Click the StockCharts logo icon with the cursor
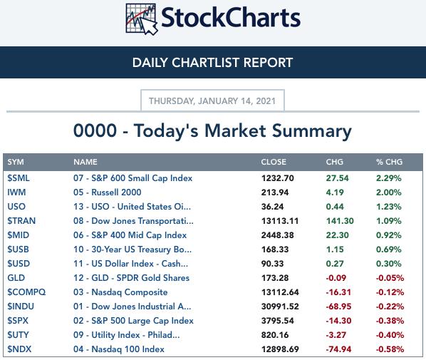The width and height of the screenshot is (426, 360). [x=142, y=19]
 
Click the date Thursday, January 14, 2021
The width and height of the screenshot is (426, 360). [x=212, y=101]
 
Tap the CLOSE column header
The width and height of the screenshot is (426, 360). [x=274, y=162]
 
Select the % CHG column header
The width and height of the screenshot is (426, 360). [x=389, y=162]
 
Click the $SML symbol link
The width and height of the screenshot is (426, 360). [x=19, y=178]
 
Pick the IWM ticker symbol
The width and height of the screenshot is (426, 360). [x=16, y=192]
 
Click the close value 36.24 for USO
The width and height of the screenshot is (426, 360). [x=273, y=207]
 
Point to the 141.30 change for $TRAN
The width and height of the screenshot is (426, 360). [x=340, y=221]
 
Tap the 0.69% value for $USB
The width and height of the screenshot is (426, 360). [x=388, y=250]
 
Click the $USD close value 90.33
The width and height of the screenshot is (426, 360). [x=273, y=264]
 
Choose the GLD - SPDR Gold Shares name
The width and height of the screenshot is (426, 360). [x=140, y=278]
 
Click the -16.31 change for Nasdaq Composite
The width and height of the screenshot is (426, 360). [x=338, y=292]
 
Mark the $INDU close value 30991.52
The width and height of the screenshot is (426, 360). [x=280, y=307]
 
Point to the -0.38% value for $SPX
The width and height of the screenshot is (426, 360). [x=390, y=321]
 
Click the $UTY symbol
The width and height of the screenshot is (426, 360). [x=18, y=335]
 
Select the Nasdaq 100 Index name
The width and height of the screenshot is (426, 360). [x=128, y=349]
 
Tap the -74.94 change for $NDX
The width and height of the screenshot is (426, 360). [x=338, y=349]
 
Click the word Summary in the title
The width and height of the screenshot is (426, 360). [x=312, y=131]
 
